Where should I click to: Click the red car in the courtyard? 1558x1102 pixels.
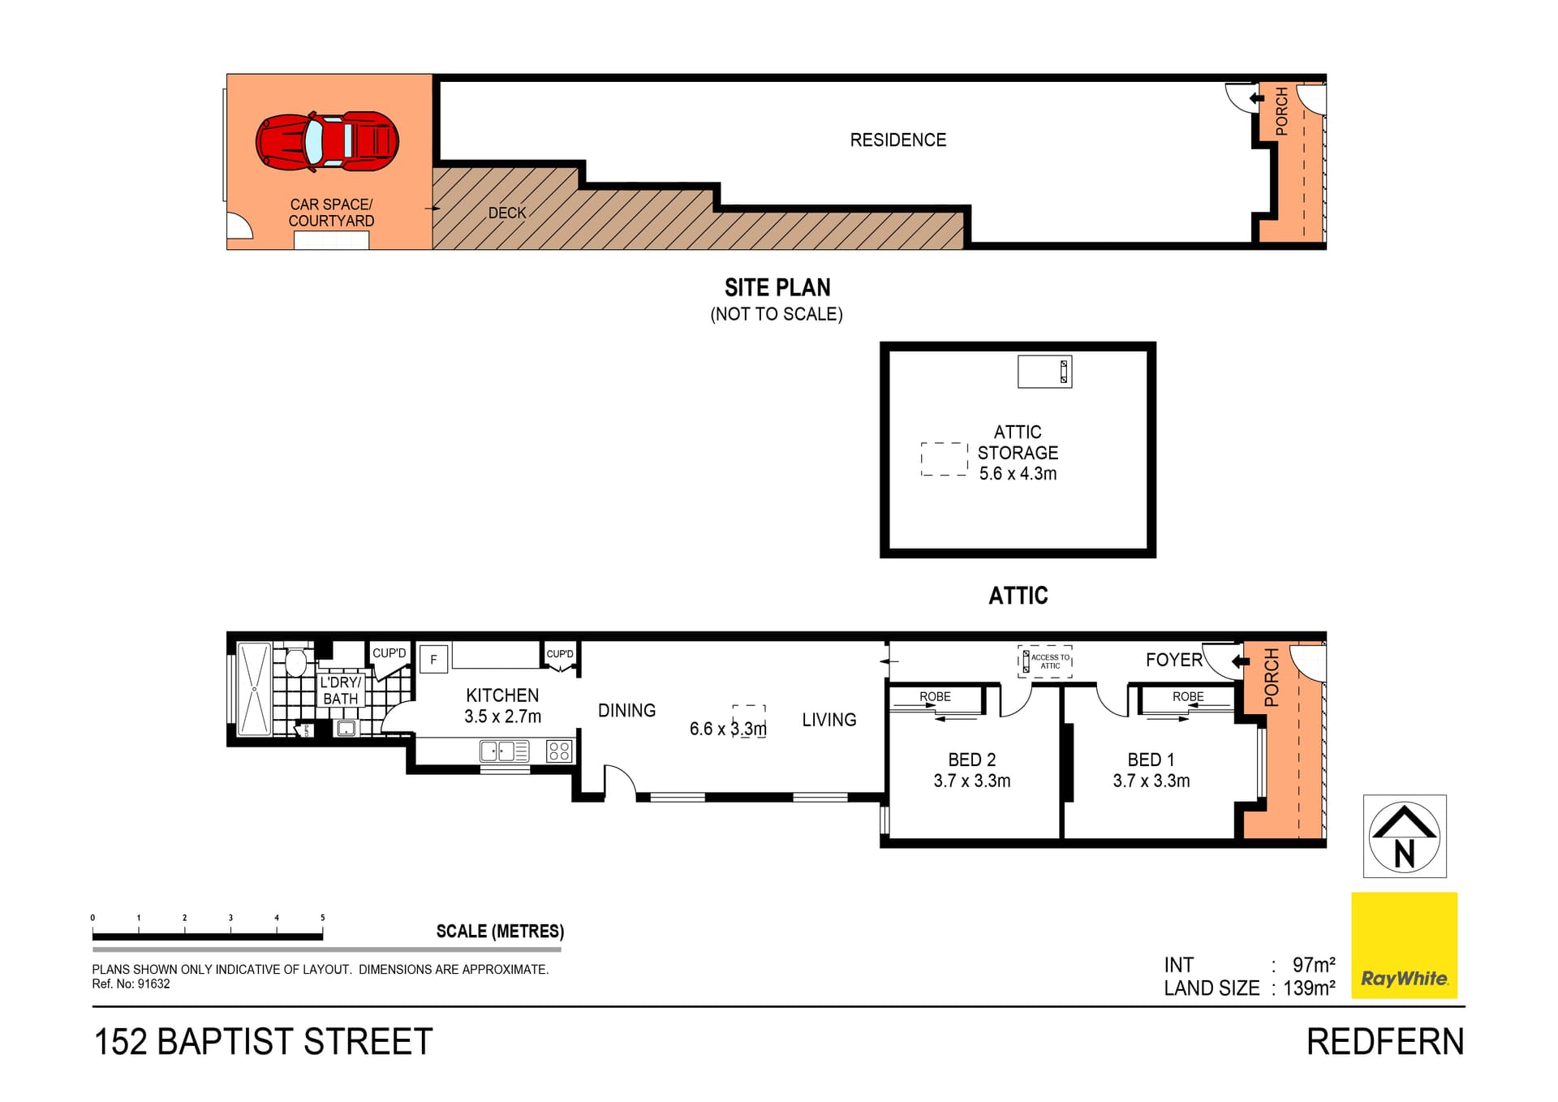pyautogui.click(x=327, y=141)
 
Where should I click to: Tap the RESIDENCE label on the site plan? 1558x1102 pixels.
pyautogui.click(x=898, y=140)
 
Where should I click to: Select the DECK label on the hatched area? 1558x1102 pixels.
pyautogui.click(x=507, y=213)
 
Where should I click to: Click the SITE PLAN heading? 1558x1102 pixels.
pyautogui.click(x=777, y=287)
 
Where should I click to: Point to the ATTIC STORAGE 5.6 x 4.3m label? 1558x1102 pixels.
pyautogui.click(x=1018, y=453)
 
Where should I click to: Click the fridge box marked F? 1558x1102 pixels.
pyautogui.click(x=434, y=660)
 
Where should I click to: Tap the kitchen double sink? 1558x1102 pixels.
pyautogui.click(x=505, y=751)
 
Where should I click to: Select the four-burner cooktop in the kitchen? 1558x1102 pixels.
pyautogui.click(x=559, y=751)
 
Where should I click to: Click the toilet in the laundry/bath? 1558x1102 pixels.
pyautogui.click(x=296, y=661)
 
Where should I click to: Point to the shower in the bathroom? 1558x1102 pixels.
pyautogui.click(x=254, y=690)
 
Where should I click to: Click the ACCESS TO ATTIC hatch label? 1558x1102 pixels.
pyautogui.click(x=1050, y=661)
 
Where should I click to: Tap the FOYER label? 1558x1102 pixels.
pyautogui.click(x=1173, y=660)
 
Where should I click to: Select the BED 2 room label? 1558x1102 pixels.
pyautogui.click(x=971, y=770)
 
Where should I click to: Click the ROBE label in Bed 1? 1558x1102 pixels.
pyautogui.click(x=1188, y=696)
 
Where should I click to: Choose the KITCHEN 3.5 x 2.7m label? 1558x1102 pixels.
pyautogui.click(x=502, y=706)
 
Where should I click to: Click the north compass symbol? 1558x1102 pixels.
pyautogui.click(x=1405, y=836)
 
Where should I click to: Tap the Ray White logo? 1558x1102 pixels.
pyautogui.click(x=1404, y=945)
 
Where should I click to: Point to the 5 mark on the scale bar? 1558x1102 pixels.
pyautogui.click(x=322, y=918)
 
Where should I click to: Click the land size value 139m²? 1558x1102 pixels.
pyautogui.click(x=1309, y=988)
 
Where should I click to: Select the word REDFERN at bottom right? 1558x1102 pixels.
pyautogui.click(x=1385, y=1042)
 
